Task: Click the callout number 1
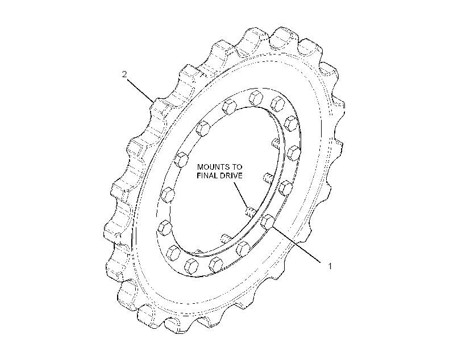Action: tap(329, 266)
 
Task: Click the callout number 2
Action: tap(124, 74)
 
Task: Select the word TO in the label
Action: tap(238, 167)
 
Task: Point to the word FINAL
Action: tap(207, 175)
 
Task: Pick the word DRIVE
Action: tap(231, 175)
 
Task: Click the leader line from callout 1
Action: tap(296, 244)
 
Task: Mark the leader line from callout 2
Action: tap(141, 90)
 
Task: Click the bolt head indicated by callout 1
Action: tap(267, 222)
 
